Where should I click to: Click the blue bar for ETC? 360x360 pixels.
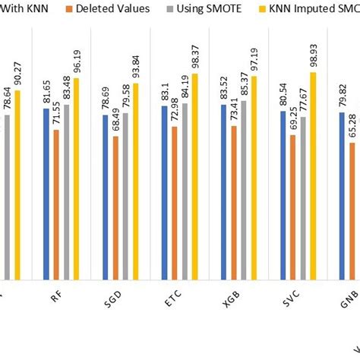165,194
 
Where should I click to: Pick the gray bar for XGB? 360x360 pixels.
244,190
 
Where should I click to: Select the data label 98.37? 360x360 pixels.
194,57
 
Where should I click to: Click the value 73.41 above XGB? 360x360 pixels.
234,110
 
